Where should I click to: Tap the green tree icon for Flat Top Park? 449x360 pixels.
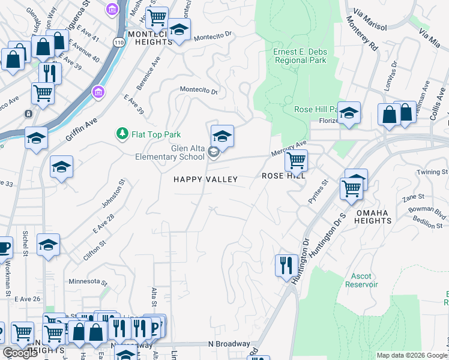click(122, 133)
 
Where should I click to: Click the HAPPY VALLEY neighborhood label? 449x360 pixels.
click(205, 179)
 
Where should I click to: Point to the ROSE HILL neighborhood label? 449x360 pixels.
click(284, 176)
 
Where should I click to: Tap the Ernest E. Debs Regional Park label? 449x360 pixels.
click(300, 56)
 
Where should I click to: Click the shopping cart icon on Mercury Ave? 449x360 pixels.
click(296, 160)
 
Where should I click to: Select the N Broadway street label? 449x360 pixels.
click(229, 344)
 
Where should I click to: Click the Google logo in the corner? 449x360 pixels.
click(20, 353)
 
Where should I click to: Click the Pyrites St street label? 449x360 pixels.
click(318, 191)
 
